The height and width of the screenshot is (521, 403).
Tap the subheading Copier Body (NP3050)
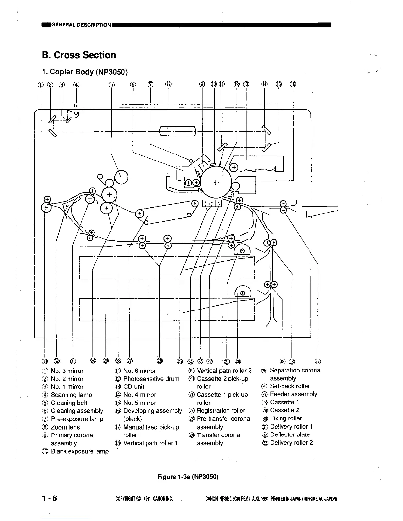click(85, 72)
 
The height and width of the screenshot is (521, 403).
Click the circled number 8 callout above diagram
click(168, 84)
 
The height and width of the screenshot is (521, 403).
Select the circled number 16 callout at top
click(293, 84)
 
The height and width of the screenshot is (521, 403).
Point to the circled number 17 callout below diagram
click(318, 361)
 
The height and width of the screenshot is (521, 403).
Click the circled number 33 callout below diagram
click(45, 361)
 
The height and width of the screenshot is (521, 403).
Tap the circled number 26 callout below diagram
click(160, 361)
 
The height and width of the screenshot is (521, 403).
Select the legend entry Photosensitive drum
click(151, 379)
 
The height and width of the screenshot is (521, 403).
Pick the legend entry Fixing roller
click(285, 418)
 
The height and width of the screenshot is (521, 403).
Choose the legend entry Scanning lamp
click(71, 395)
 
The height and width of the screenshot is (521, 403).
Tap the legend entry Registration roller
click(221, 410)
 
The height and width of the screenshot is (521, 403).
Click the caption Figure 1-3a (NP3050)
click(188, 476)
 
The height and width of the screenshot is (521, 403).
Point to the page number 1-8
click(49, 498)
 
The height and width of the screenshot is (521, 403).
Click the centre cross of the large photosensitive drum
click(216, 183)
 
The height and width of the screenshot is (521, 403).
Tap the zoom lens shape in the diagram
click(177, 131)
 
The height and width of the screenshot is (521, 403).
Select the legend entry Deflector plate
click(289, 434)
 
